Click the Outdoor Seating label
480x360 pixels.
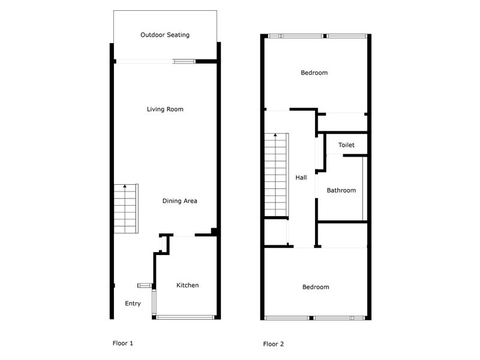[x=165, y=35]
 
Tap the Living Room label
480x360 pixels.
[x=165, y=109]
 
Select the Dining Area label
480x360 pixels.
[x=180, y=201]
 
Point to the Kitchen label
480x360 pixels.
[x=187, y=285]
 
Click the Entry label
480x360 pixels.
[x=133, y=304]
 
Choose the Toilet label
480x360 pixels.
[x=346, y=145]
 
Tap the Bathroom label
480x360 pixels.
[x=341, y=190]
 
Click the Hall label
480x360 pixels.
[x=301, y=178]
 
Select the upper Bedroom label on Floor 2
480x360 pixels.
[x=314, y=73]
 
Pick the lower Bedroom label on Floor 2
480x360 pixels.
[x=316, y=287]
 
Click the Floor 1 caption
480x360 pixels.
[x=123, y=343]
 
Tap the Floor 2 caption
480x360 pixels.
[x=274, y=344]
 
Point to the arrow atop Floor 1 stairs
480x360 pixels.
[x=125, y=188]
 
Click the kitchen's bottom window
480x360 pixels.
[x=185, y=316]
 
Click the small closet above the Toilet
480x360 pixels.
[x=342, y=122]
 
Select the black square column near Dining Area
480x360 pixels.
[x=214, y=232]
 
